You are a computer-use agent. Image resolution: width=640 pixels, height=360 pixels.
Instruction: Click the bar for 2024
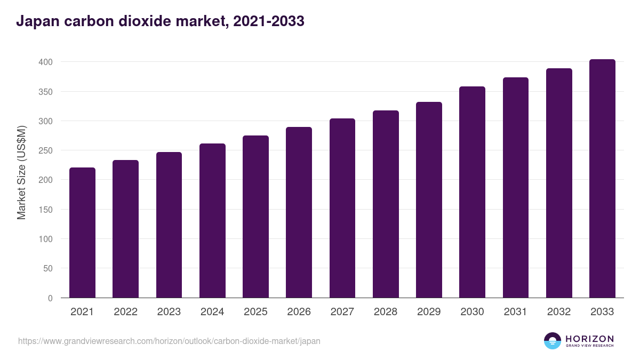coord(212,221)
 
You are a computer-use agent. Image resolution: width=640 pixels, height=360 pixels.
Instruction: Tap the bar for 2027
coord(342,208)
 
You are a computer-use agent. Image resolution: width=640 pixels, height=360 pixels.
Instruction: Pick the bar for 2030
coord(472,192)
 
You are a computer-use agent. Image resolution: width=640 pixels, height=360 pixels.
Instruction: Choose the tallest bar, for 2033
coord(602,179)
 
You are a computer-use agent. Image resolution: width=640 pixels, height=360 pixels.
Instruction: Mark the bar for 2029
coord(429,200)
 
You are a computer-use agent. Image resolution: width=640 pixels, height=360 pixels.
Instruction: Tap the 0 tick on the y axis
coord(50,298)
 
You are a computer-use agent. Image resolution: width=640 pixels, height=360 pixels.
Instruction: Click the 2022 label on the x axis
coord(125,312)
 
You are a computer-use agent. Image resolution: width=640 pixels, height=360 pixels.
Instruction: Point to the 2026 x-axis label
coord(299,312)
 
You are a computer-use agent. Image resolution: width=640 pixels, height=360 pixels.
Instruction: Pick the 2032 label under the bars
coord(559,312)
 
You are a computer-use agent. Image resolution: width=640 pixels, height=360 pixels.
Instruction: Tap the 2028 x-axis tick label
coord(386,312)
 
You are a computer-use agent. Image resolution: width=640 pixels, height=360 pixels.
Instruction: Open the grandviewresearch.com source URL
coord(169,341)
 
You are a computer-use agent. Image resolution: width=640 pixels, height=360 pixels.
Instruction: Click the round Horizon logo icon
coord(553,341)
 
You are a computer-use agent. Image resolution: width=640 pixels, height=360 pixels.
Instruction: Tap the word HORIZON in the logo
coord(589,339)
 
